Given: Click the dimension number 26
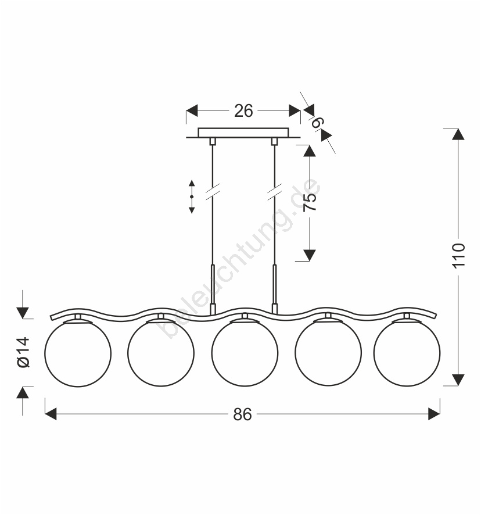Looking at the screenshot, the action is (243, 111).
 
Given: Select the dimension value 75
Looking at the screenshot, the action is (310, 202).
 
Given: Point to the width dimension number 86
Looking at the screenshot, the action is (243, 414).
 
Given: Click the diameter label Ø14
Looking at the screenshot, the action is (24, 352).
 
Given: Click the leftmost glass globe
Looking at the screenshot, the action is (78, 354).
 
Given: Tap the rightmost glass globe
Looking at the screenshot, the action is (407, 353).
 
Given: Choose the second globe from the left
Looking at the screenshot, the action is (161, 353).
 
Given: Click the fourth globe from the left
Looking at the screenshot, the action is (328, 352).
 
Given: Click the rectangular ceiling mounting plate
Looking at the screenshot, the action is (243, 133).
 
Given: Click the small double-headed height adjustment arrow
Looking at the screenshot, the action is (192, 196).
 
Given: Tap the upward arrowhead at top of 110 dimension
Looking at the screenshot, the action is (458, 134).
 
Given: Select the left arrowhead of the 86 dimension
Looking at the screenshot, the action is (51, 414).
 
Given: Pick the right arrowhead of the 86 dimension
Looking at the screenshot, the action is (434, 414).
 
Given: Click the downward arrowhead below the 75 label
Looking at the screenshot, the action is (309, 255).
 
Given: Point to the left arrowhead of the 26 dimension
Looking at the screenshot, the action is (192, 110).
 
